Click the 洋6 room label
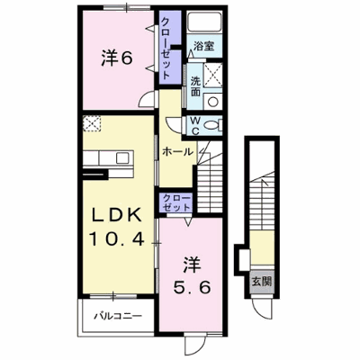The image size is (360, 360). coord(117,58)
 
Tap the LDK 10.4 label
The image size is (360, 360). coord(117,227)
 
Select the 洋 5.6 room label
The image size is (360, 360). coord(192,276)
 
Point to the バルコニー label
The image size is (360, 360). coord(118,316)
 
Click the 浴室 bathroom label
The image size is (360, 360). coord(203,46)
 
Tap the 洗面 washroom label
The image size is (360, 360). coord(195,86)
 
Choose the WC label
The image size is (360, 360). coord(195,125)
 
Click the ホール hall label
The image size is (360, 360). coord(177,152)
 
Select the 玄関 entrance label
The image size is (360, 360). coord(262,282)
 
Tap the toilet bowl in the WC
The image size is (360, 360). coord(214,125)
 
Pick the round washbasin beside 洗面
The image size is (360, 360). coord(213,101)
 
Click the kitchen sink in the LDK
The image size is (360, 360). coord(123,157)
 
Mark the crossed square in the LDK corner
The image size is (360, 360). coord(92,123)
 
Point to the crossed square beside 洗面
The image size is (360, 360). coord(213,76)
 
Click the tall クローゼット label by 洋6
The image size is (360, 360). coord(166,47)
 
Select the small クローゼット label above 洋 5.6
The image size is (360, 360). coord(176,202)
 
